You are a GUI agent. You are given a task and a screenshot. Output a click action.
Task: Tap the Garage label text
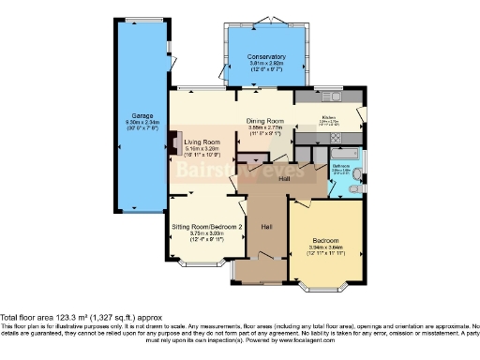(x=138, y=116)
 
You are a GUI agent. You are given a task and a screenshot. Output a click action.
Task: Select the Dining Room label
(x=265, y=121)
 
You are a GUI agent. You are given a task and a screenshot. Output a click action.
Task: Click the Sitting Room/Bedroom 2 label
(x=207, y=227)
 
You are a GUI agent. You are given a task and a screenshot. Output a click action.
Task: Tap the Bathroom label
(x=340, y=165)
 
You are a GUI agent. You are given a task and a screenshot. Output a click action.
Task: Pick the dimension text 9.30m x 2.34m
(x=138, y=123)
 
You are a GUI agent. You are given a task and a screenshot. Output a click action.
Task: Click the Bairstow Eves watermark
(x=239, y=172)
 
